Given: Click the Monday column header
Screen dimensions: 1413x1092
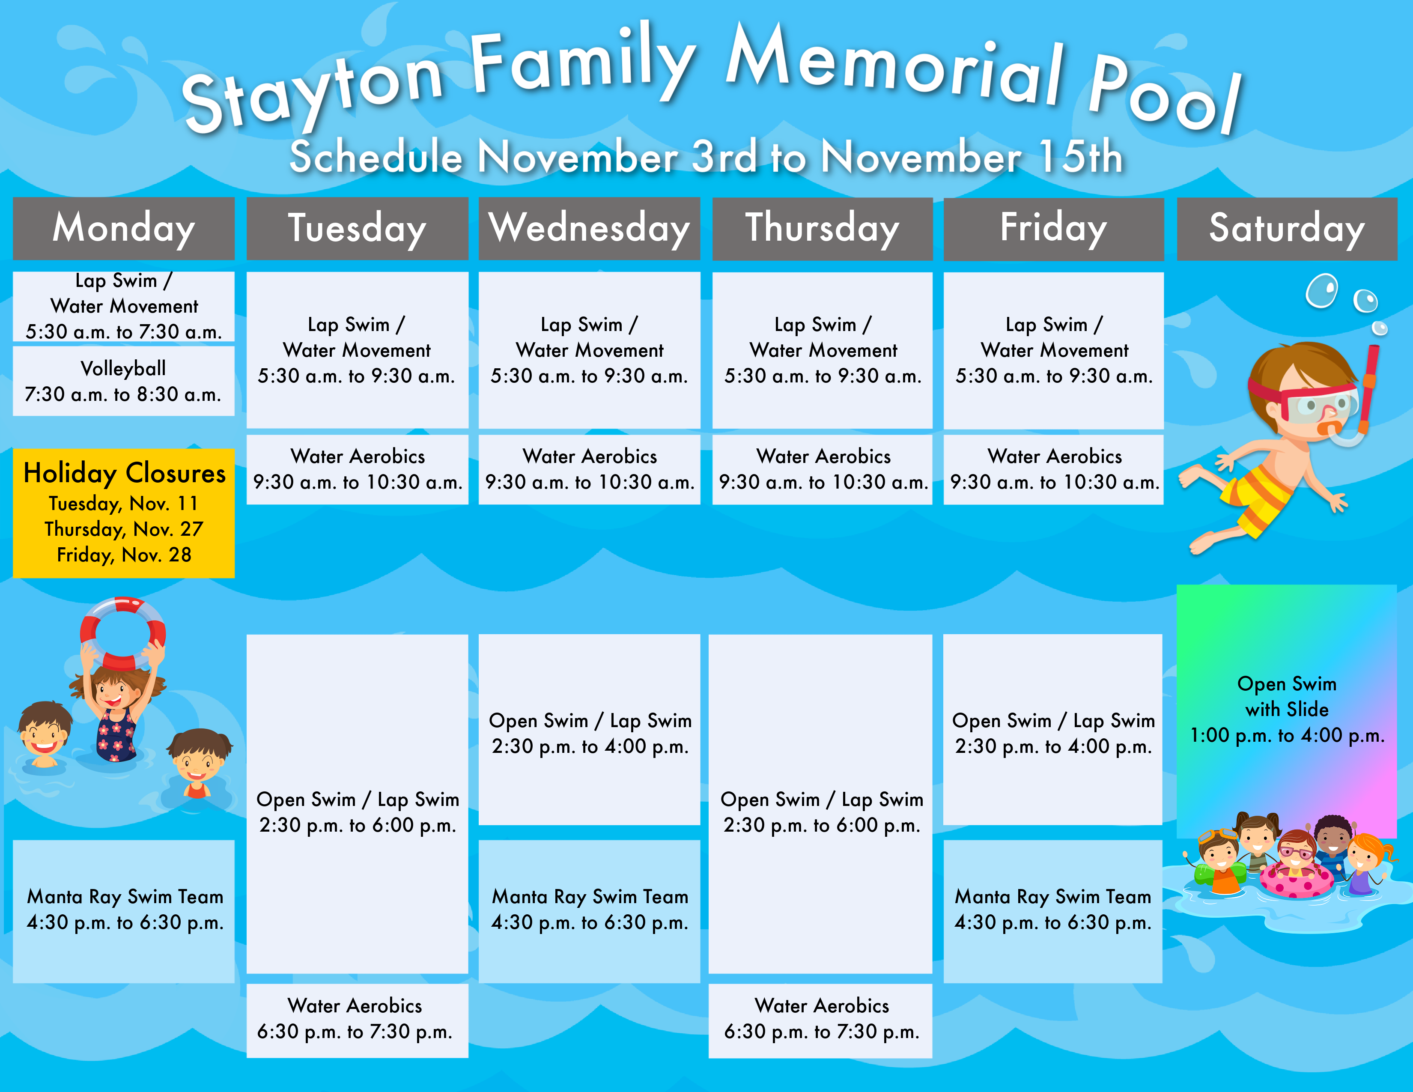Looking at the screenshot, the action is coord(124,228).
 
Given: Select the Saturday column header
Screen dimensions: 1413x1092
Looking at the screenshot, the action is coord(1287,228).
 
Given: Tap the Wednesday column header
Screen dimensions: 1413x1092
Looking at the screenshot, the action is coord(590,228).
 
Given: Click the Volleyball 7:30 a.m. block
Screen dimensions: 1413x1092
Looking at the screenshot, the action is coord(124,381).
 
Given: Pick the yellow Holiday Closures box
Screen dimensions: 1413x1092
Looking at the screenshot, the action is coord(124,513).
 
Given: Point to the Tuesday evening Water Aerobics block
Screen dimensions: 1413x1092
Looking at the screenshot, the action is coord(357,1020).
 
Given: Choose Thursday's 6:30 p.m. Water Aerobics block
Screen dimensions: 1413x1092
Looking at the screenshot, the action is coord(820,1020).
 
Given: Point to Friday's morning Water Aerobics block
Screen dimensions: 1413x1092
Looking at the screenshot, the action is coord(1053,469).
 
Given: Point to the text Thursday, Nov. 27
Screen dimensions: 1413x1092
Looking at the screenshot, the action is coord(124,529).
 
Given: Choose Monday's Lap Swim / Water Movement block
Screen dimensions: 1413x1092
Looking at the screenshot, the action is coord(124,306).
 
